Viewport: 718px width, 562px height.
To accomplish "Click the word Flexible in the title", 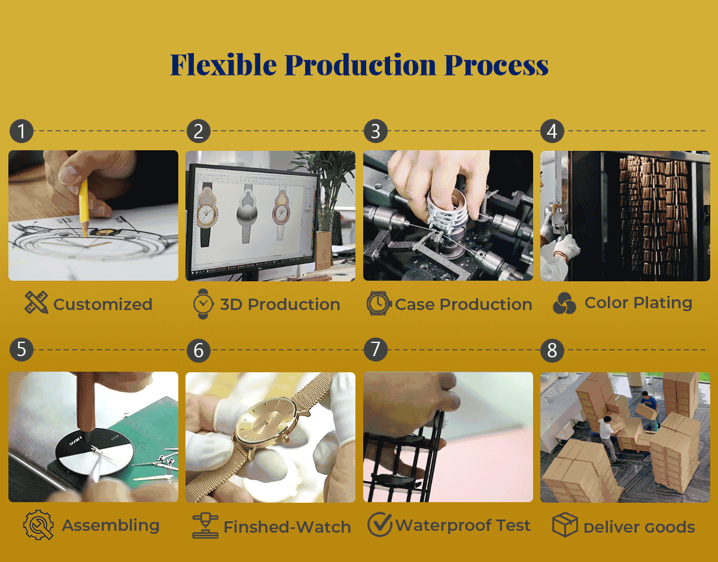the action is coord(223,65).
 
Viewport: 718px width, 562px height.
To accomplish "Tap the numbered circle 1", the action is coord(22,131).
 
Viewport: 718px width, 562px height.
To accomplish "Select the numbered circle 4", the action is coord(552,131).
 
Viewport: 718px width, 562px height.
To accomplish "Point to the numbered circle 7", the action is coord(376,350).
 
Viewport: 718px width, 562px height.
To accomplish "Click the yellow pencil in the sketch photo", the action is coord(84,209).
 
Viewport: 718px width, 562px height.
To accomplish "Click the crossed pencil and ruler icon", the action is coord(36,302).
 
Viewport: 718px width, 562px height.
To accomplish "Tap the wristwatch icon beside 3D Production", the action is coord(203,303).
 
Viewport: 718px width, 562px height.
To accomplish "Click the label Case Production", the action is coord(464,304).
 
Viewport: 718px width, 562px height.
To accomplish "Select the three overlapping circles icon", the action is coord(564,303).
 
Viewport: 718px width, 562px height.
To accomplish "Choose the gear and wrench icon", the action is coord(38,525).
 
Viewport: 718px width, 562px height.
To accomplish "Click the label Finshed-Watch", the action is coord(287,527).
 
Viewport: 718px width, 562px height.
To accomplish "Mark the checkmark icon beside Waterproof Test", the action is coord(380,524).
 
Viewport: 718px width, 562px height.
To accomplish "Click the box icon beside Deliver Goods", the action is coord(565,525).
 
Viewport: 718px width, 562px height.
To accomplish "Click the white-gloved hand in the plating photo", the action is coord(566,247).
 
